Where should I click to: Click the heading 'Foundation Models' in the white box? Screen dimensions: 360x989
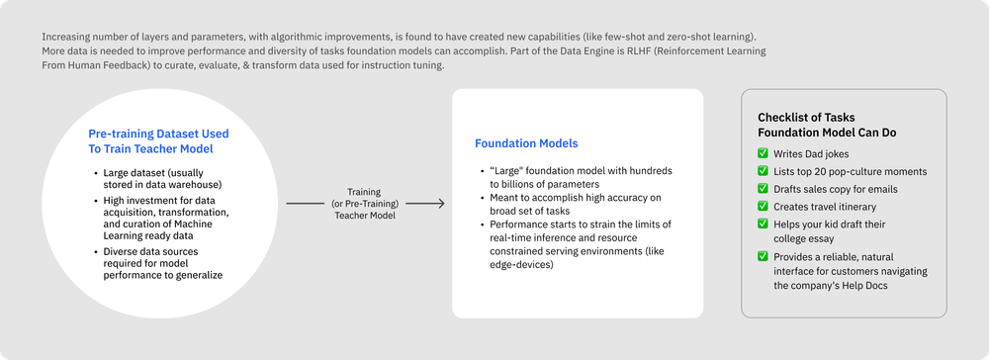[525, 143]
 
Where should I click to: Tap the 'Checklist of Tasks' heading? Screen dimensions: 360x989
[805, 117]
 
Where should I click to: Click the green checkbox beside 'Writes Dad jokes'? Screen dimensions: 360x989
[763, 153]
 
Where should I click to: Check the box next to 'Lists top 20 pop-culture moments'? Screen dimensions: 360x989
[763, 171]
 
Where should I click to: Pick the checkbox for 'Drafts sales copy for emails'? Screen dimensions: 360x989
[763, 188]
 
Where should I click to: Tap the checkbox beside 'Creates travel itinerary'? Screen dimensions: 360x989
[763, 206]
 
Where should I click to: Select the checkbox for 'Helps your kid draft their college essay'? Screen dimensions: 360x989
[763, 224]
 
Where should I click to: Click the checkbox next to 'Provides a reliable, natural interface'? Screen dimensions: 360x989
[763, 257]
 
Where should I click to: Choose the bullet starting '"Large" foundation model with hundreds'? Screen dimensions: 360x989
[574, 177]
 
